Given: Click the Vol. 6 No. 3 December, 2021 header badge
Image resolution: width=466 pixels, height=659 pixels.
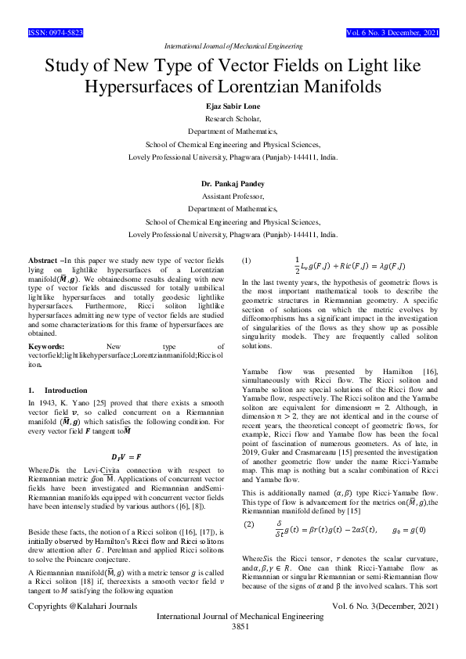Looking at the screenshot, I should point(392,34).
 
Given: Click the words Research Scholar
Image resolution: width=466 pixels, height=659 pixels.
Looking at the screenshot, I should point(233,120).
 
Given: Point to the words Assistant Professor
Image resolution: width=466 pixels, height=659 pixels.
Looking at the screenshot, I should point(233,196).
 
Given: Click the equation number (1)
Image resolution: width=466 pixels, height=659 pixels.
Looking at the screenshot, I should point(247,259).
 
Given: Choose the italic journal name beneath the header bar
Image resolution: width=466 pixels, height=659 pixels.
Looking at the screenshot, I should point(233,47).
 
